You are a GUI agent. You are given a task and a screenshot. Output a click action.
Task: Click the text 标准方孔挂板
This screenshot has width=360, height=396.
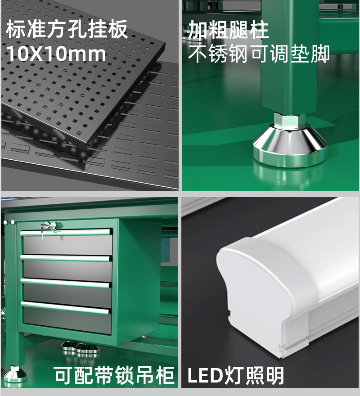67,30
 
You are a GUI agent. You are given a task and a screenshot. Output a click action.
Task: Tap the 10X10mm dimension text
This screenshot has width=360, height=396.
56,54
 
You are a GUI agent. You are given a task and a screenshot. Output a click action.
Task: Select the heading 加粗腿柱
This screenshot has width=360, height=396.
228,30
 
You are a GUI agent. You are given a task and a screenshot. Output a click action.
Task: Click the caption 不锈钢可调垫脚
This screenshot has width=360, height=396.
259,54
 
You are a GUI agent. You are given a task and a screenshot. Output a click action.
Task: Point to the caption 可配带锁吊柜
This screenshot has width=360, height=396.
114,375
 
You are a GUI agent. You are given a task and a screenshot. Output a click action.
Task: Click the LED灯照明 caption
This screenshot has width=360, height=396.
236,376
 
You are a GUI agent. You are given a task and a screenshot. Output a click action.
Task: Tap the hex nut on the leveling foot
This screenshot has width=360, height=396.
290,120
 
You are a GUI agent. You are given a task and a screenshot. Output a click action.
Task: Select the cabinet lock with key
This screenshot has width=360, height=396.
49,226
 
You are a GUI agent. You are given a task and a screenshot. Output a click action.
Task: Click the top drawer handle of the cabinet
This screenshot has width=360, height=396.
66,232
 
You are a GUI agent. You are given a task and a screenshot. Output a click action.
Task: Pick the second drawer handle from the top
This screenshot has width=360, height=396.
66,258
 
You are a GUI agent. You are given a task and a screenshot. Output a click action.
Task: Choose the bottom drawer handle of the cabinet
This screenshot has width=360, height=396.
65,308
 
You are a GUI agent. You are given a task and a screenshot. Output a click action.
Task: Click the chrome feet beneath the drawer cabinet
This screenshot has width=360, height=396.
81,346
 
